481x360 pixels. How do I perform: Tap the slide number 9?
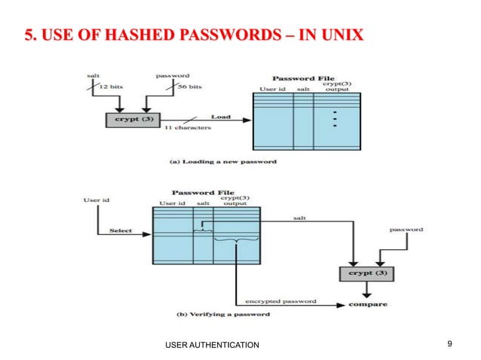click(x=449, y=344)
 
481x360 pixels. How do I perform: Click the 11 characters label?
click(x=187, y=129)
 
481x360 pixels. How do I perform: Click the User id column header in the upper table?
click(x=274, y=89)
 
